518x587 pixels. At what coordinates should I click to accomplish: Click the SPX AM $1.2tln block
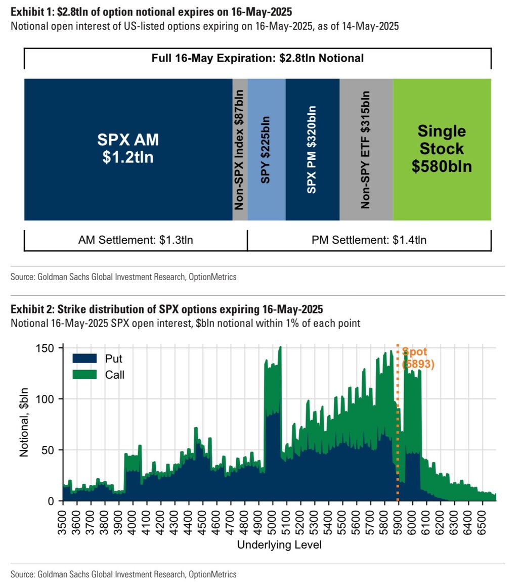128,149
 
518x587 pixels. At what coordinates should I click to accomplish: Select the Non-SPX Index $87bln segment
240,149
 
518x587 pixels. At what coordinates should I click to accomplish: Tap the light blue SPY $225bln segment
267,149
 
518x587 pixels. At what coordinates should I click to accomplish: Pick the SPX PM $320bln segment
312,149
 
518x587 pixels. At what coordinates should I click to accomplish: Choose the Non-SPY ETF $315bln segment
366,149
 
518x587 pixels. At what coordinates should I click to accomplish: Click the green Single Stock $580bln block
442,149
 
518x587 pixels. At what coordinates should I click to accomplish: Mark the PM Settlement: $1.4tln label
369,240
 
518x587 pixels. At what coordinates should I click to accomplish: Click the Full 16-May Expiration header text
257,58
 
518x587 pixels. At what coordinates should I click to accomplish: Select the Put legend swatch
84,359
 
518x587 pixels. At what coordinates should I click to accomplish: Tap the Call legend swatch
84,375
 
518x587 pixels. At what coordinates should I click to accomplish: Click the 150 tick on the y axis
49,348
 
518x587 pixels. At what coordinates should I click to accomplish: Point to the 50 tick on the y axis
52,450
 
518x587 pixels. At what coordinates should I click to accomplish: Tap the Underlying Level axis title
279,545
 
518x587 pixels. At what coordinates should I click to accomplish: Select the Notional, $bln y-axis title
24,422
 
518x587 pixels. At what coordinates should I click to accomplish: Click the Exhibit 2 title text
166,309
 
